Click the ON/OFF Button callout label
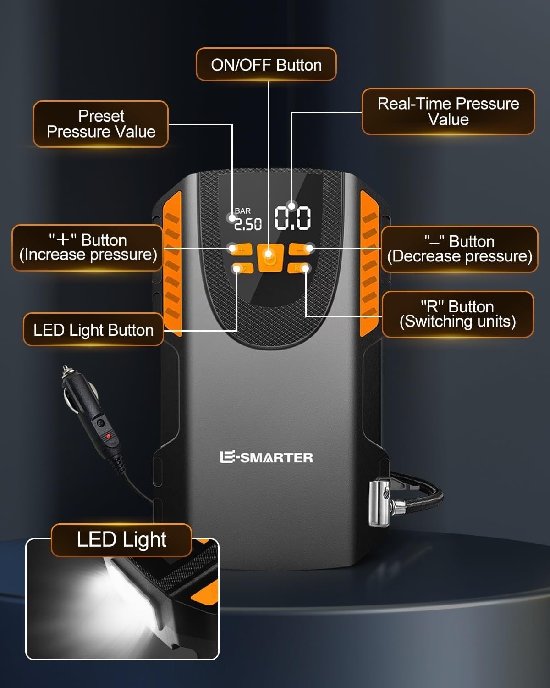[266, 64]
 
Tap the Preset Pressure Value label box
[101, 124]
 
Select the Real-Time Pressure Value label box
[448, 111]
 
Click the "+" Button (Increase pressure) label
[88, 248]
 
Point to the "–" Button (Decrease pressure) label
[460, 249]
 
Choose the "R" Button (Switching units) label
[457, 314]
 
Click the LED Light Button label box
[93, 330]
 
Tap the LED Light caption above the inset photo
[121, 540]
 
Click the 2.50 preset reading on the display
[248, 224]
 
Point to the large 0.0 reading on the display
[292, 218]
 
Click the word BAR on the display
[242, 211]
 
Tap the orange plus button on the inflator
[241, 250]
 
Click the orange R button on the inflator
[298, 268]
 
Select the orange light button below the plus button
[243, 268]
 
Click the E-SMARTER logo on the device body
[267, 457]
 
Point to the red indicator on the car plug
[108, 436]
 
